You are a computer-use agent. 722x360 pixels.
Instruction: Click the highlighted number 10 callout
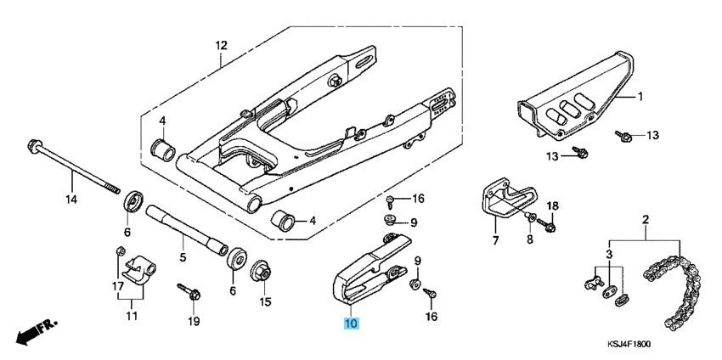tap(352, 323)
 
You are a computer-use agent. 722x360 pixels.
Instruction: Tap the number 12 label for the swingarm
tap(221, 45)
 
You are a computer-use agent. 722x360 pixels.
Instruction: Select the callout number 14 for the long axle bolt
tap(71, 200)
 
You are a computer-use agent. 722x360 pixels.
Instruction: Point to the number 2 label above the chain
tap(645, 221)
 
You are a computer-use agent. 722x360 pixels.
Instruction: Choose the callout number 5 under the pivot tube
tap(181, 256)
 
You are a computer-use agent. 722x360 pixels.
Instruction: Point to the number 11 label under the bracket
tap(131, 316)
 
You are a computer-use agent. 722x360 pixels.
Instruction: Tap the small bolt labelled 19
tap(188, 292)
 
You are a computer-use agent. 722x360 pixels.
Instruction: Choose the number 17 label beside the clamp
tap(118, 287)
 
